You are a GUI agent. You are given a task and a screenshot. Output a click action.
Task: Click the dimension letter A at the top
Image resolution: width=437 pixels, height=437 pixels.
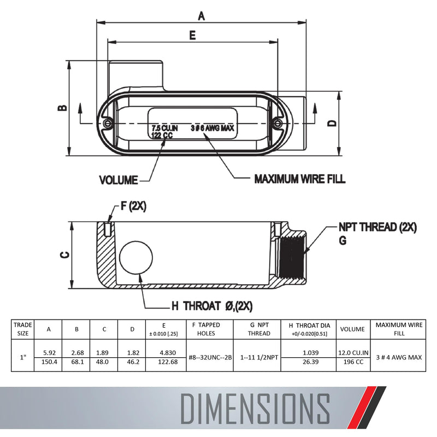[x=201, y=16]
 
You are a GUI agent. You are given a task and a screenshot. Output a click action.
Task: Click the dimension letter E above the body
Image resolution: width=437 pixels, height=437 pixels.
[x=193, y=36]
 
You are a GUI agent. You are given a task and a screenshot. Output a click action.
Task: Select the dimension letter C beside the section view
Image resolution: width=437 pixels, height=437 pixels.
[x=65, y=255]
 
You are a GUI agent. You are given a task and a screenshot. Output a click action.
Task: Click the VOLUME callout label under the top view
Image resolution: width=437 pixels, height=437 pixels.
[x=119, y=180]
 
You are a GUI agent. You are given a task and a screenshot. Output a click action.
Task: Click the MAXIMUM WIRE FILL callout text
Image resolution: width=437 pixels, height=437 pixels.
[x=300, y=179]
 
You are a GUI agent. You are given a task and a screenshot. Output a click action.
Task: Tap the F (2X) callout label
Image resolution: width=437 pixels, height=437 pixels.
[x=133, y=206]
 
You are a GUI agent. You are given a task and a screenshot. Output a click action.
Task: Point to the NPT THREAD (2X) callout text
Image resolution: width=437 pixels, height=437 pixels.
[x=377, y=227]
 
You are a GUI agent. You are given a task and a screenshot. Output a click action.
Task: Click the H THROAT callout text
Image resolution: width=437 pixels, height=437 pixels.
[x=212, y=306]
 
